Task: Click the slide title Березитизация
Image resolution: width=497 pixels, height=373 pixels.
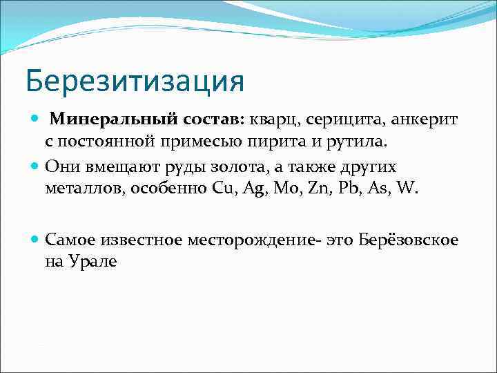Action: pyautogui.click(x=135, y=80)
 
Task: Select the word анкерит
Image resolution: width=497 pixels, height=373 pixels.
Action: pyautogui.click(x=422, y=121)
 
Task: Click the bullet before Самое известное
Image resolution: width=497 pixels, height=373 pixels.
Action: pyautogui.click(x=36, y=240)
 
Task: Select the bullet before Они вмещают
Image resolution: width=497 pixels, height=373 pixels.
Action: pyautogui.click(x=36, y=166)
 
